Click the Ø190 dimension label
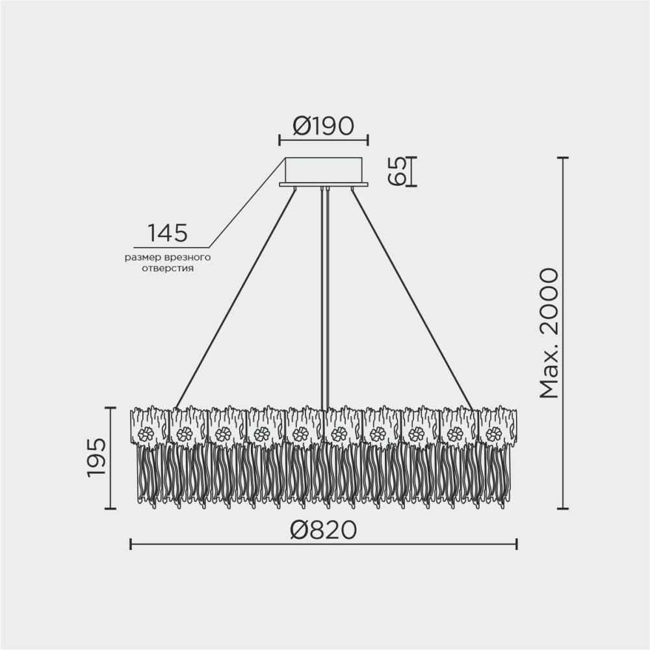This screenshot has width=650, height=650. tap(323, 125)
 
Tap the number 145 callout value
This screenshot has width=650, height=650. tap(168, 233)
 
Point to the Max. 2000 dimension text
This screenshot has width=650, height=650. tap(549, 332)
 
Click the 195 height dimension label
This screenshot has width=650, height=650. tap(97, 458)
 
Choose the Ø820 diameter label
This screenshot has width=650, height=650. tap(324, 530)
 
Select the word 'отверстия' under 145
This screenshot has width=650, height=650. tap(168, 267)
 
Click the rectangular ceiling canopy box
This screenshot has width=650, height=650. tap(323, 170)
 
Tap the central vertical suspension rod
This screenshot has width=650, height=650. tap(325, 292)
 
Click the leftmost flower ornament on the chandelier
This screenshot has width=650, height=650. tap(146, 435)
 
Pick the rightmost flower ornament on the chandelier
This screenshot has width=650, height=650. tap(493, 435)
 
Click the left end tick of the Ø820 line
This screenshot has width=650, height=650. tap(131, 544)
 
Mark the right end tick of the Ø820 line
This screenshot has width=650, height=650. tap(517, 544)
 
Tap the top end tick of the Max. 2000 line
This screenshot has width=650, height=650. tap(564, 158)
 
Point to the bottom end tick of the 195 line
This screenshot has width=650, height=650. tap(110, 508)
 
